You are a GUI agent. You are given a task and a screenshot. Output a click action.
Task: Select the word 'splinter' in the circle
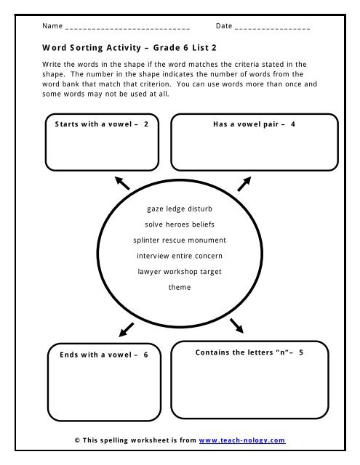coord(148,240)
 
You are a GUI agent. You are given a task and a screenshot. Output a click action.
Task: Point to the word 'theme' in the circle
coord(180,287)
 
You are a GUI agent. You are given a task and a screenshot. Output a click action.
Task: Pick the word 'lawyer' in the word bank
coord(151,271)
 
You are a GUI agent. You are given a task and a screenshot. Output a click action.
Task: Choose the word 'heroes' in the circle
coord(179,224)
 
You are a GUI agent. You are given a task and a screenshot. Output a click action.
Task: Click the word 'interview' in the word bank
coord(153,256)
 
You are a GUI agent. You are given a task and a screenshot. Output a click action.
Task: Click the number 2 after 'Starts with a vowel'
coord(146,124)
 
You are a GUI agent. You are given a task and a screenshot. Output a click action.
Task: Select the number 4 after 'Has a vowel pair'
coord(292,124)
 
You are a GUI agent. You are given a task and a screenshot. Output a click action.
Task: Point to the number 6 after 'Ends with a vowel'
coord(145,355)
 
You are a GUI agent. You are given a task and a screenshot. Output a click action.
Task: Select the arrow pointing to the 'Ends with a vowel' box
coord(124,329)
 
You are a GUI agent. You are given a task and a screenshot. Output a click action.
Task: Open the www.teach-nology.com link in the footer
coord(242,440)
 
